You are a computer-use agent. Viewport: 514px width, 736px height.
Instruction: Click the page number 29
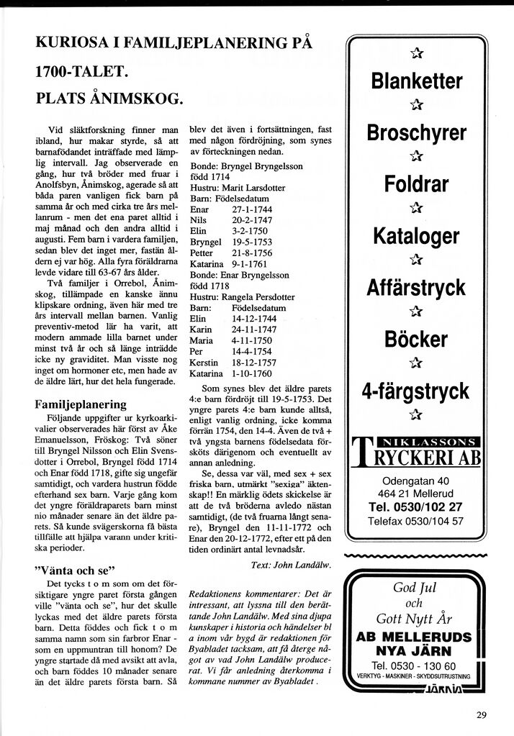coord(481,714)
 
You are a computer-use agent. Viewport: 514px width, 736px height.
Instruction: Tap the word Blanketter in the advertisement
coord(416,81)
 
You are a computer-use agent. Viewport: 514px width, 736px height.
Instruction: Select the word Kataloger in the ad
coord(416,235)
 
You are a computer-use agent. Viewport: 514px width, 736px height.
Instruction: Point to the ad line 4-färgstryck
coord(416,391)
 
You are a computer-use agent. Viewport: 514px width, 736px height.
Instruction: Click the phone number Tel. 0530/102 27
coord(416,506)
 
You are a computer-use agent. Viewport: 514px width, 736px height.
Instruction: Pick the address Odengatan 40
coord(416,481)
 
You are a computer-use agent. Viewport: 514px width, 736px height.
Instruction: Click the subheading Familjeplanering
coord(81,404)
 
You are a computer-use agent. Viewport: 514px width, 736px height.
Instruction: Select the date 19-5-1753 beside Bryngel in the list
coord(252,242)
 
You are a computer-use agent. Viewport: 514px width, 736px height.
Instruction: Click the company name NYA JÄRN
coord(415,651)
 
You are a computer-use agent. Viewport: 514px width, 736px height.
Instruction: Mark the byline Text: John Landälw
coord(292,565)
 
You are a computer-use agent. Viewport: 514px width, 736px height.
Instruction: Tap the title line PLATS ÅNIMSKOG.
coord(109,97)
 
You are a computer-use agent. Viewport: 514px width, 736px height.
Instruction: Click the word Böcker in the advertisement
coord(416,339)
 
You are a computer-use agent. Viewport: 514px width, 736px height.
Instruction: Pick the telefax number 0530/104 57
coord(439,521)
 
